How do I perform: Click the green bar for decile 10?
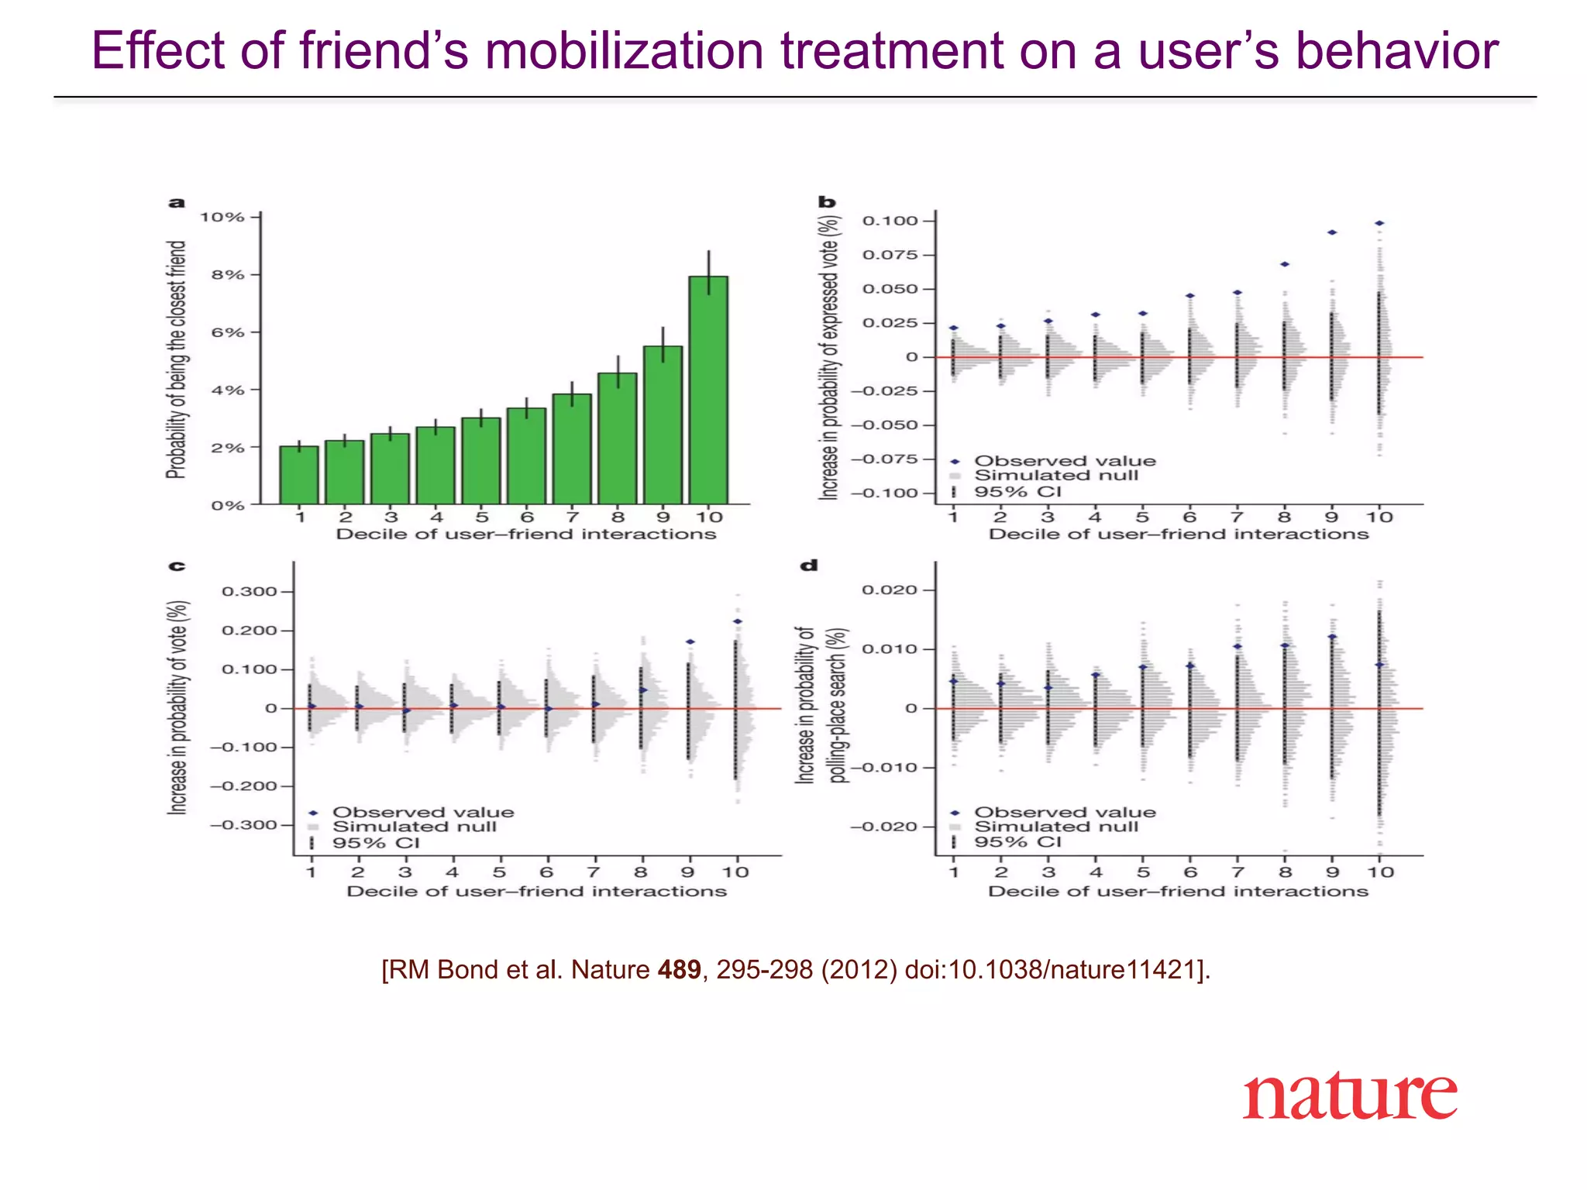point(708,390)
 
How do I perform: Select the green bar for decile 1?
point(299,475)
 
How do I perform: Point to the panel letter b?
point(827,202)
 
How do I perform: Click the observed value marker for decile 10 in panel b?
point(1379,223)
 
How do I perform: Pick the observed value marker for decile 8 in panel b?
point(1285,264)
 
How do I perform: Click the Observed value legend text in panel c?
point(423,812)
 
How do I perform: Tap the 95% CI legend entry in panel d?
point(1017,842)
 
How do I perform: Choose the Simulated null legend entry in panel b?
point(1055,476)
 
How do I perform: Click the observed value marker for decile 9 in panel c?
point(690,641)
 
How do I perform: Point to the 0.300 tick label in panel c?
point(249,592)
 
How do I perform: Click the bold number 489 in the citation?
point(679,970)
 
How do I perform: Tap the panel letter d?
point(808,566)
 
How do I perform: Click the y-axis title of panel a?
point(177,359)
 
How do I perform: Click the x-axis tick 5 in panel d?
point(1143,872)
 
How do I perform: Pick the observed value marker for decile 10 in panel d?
point(1379,665)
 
